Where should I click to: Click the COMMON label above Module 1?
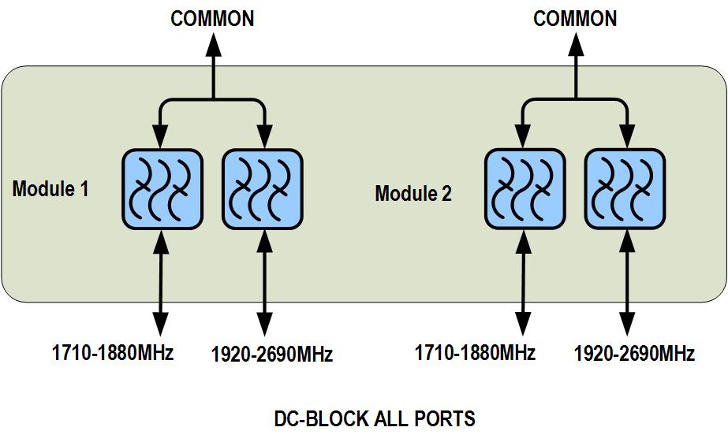tap(212, 18)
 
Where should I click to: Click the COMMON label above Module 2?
tap(575, 18)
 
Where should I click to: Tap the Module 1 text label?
tap(50, 188)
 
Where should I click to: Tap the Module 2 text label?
tap(413, 193)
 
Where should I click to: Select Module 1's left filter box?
tap(162, 190)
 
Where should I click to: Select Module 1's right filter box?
tap(263, 190)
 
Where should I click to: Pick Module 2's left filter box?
tap(525, 190)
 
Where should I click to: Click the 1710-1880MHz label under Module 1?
tap(113, 352)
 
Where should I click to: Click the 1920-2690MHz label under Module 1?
tap(272, 354)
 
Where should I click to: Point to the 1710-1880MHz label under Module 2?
tap(475, 352)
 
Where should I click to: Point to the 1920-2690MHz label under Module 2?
tap(634, 354)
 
